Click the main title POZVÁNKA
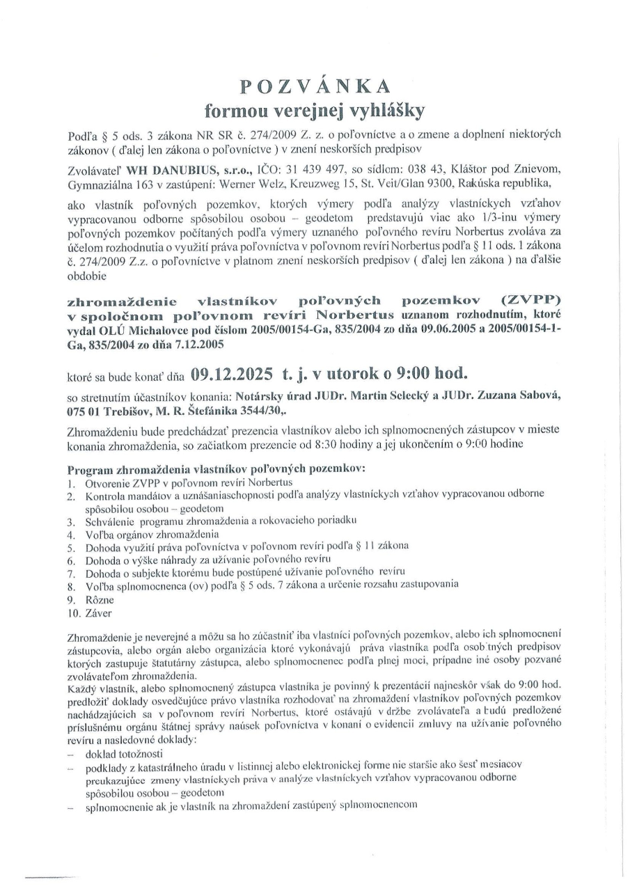pyautogui.click(x=315, y=86)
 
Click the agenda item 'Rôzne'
pyautogui.click(x=100, y=598)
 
